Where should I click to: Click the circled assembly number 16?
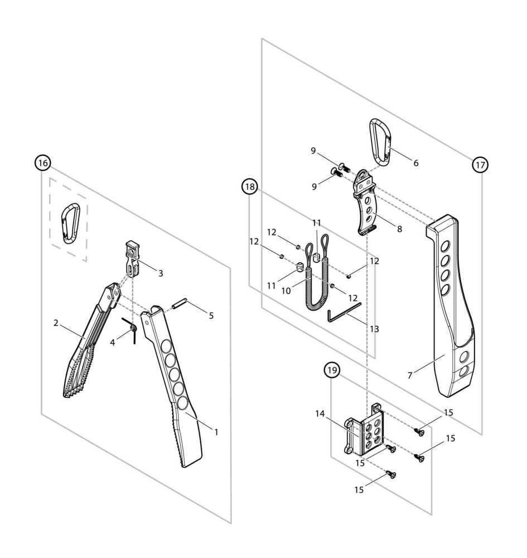[42, 163]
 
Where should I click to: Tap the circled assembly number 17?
[480, 165]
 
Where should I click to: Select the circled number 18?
[250, 187]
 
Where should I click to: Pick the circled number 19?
[332, 369]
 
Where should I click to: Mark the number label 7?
[410, 376]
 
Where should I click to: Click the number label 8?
[399, 228]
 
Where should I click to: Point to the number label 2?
[56, 323]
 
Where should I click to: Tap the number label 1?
[216, 431]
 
